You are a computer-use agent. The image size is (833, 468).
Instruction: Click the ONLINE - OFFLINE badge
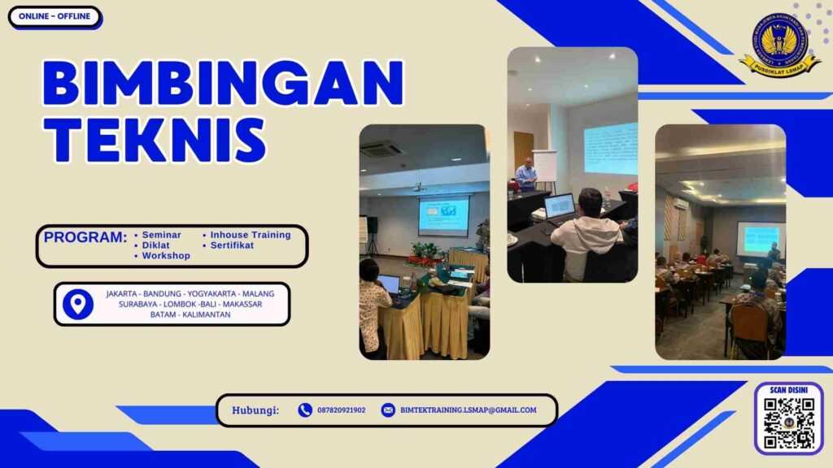[55, 16]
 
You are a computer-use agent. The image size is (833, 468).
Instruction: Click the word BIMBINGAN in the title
[222, 83]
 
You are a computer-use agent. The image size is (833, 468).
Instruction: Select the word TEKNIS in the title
[154, 139]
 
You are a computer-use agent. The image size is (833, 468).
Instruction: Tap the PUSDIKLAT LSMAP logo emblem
[779, 44]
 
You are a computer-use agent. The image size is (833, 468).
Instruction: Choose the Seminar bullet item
[160, 235]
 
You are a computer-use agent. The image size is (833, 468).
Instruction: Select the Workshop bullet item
[165, 256]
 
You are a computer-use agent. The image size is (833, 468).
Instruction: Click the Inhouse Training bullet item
[249, 235]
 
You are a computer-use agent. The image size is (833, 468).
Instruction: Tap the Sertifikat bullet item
[232, 245]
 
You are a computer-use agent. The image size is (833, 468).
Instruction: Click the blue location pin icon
[78, 304]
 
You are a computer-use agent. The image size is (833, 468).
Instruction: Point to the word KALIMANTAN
[207, 314]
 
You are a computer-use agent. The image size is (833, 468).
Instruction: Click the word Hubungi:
[255, 410]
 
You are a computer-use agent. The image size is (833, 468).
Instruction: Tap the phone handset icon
[305, 410]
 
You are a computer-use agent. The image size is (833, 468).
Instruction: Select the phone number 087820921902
[341, 410]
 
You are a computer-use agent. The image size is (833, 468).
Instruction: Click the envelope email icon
[388, 410]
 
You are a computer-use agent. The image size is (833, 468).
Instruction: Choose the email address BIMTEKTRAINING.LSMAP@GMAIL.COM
[468, 410]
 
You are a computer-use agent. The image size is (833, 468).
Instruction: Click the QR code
[788, 423]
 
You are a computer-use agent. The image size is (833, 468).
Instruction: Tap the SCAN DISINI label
[788, 391]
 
